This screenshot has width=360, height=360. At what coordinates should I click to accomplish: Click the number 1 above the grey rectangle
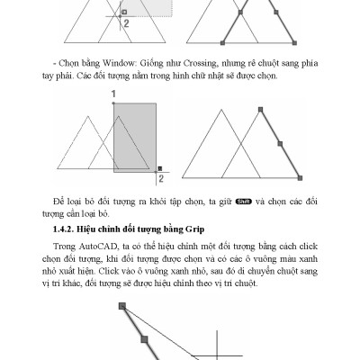(114, 94)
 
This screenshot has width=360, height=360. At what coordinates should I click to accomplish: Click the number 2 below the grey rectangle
(160, 179)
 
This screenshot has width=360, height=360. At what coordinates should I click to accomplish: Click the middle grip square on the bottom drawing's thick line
(143, 338)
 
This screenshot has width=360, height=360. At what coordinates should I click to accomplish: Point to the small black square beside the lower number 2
(158, 167)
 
